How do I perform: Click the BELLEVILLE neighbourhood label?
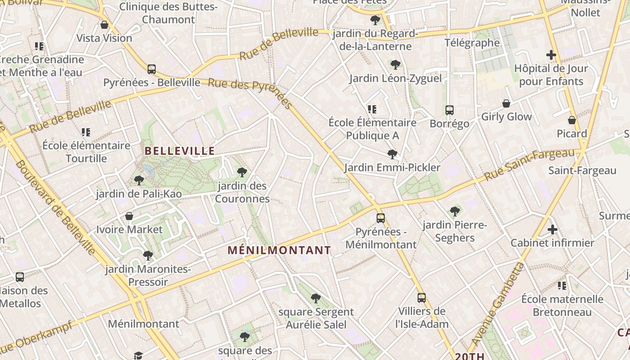pyautogui.click(x=180, y=151)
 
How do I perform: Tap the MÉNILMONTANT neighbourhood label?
pyautogui.click(x=279, y=250)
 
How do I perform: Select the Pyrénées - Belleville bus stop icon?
pyautogui.click(x=152, y=69)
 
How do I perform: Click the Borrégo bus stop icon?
pyautogui.click(x=449, y=110)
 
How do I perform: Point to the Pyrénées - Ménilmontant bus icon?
pyautogui.click(x=381, y=218)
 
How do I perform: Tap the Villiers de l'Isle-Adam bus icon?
pyautogui.click(x=421, y=297)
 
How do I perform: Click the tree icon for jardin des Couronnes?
pyautogui.click(x=242, y=172)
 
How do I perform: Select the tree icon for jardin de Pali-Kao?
pyautogui.click(x=139, y=180)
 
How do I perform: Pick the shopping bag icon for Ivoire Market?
pyautogui.click(x=129, y=216)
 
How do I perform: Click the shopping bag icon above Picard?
pyautogui.click(x=571, y=120)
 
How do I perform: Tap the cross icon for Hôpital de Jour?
pyautogui.click(x=551, y=55)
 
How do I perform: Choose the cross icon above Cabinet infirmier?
pyautogui.click(x=552, y=229)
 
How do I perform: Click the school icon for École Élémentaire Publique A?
pyautogui.click(x=372, y=109)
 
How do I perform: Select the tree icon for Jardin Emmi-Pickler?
pyautogui.click(x=392, y=154)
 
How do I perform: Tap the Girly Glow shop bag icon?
pyautogui.click(x=506, y=103)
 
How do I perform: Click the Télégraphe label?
pyautogui.click(x=472, y=43)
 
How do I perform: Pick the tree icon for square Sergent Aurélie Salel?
pyautogui.click(x=316, y=298)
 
